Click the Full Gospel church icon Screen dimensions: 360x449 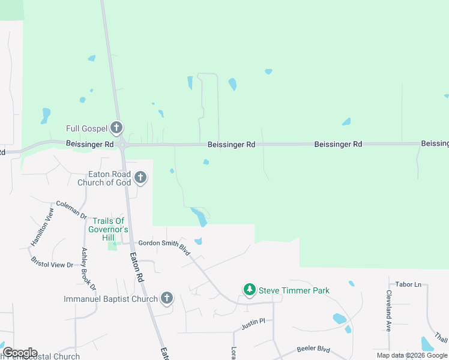coord(116,128)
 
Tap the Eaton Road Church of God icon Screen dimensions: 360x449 coord(140,177)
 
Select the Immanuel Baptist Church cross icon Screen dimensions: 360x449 coord(167,298)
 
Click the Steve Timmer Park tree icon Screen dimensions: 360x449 coord(249,290)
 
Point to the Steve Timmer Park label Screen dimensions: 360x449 coord(294,290)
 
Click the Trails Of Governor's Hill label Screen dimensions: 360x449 coord(108,230)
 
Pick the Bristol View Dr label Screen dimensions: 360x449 coord(52,261)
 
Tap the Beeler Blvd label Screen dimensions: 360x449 coord(313,349)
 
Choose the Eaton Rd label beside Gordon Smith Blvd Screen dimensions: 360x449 coord(137,267)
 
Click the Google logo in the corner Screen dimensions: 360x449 coord(20,353)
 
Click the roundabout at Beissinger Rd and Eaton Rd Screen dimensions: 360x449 coord(122,145)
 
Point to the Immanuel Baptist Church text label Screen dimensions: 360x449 coord(111,299)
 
